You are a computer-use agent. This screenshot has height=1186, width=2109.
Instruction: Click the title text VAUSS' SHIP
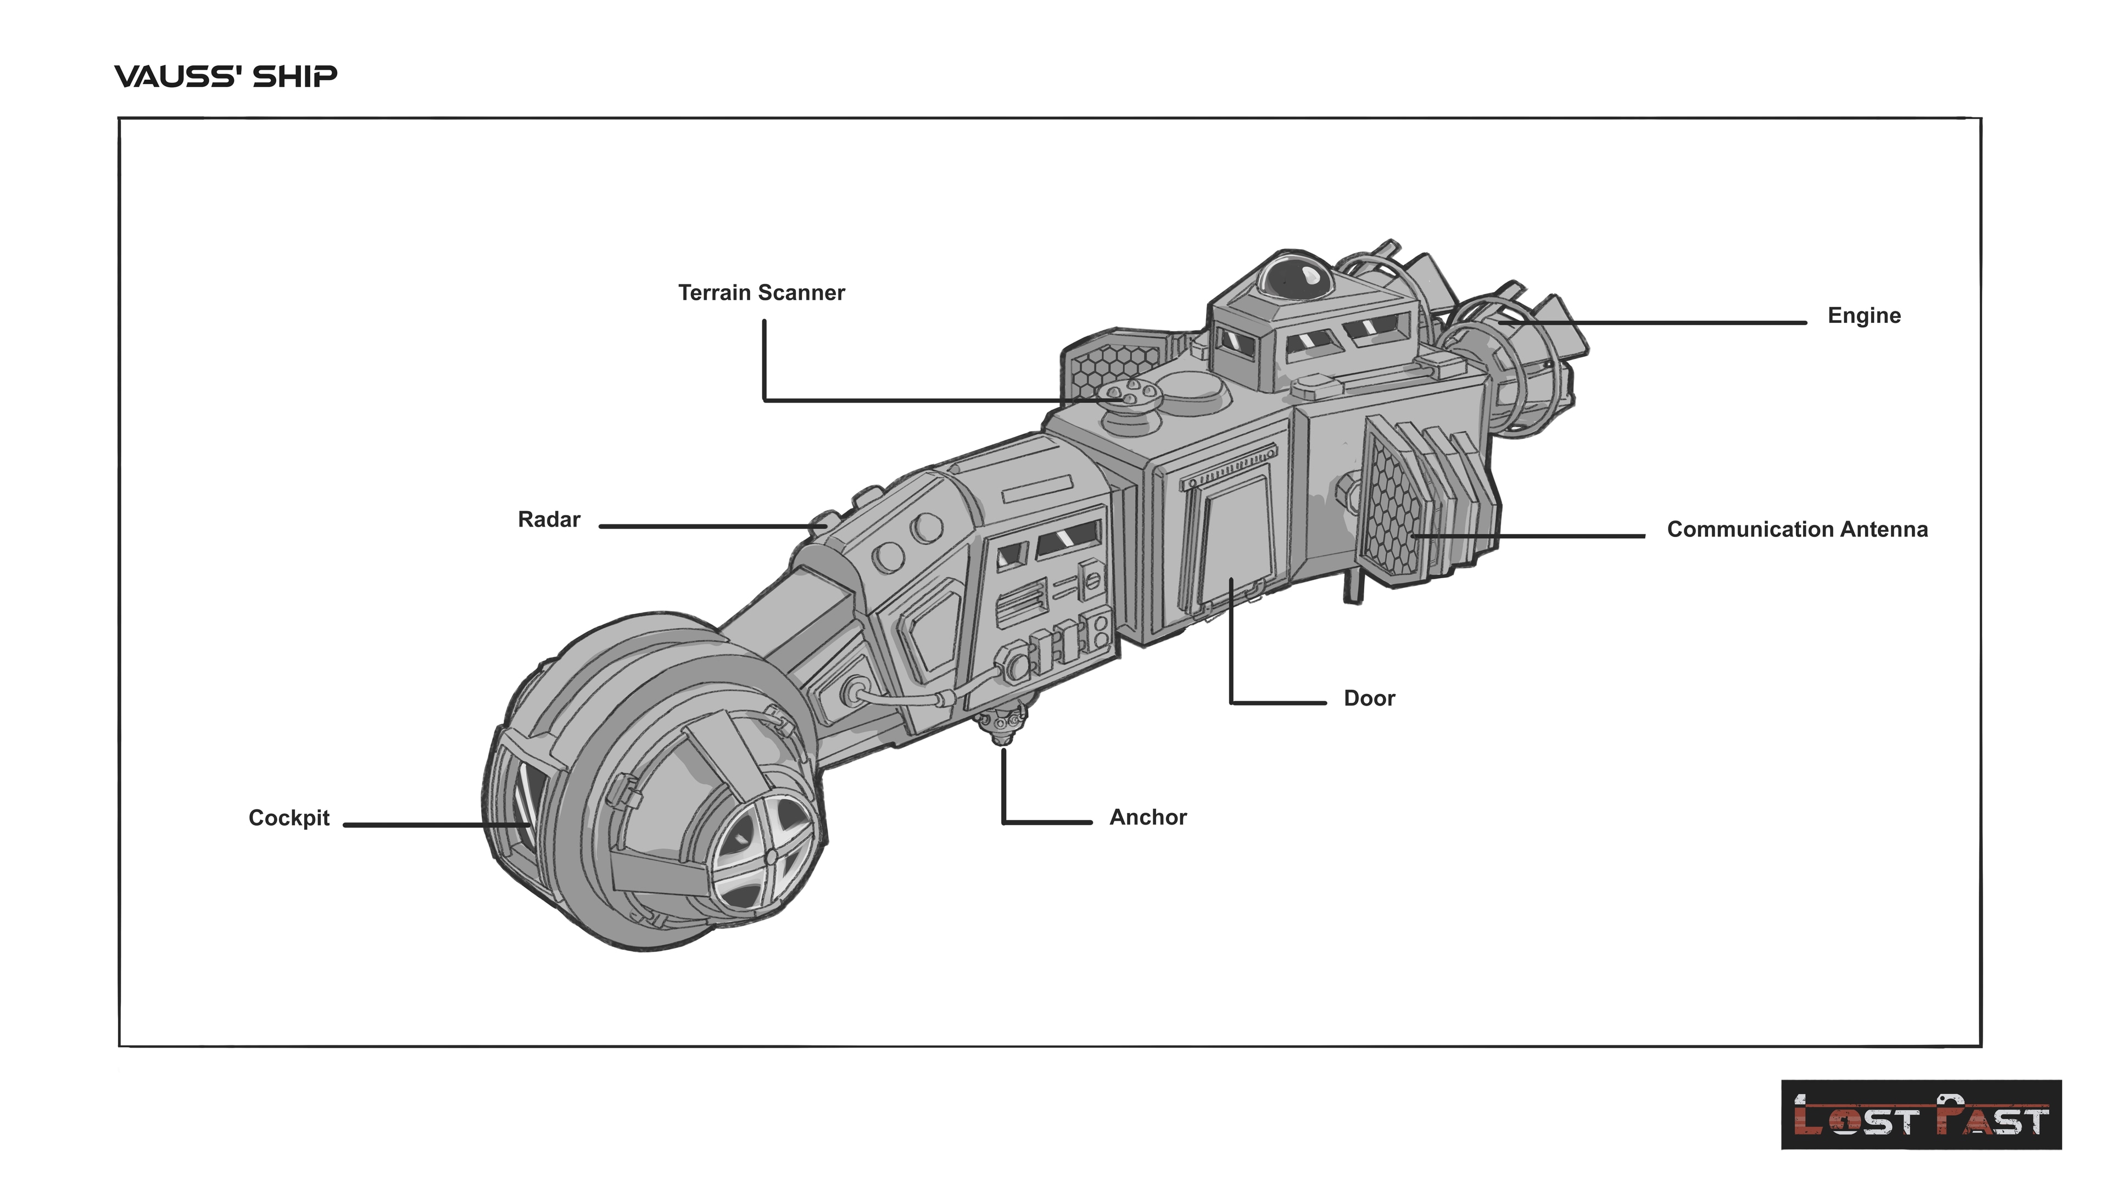point(225,77)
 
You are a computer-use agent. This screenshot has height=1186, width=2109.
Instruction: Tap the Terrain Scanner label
point(761,293)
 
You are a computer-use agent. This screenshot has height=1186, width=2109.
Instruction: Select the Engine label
point(1863,316)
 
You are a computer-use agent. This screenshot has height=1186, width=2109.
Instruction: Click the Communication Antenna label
point(1796,529)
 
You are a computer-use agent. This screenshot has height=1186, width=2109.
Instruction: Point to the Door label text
point(1369,698)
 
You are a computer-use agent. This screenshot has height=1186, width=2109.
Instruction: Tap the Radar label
point(549,520)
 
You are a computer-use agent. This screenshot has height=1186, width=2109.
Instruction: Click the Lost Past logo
point(1921,1114)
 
